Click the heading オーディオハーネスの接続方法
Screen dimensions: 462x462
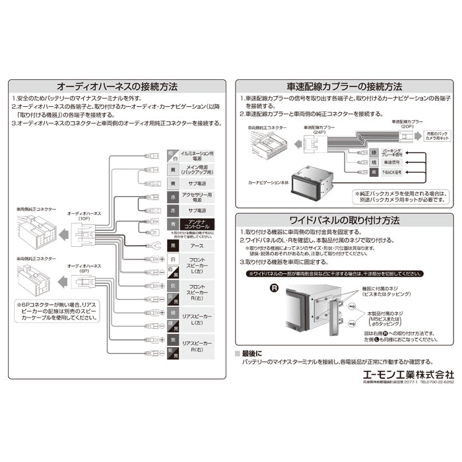point(117,86)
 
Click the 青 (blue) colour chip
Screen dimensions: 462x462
point(172,224)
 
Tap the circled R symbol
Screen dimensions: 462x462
point(273,288)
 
